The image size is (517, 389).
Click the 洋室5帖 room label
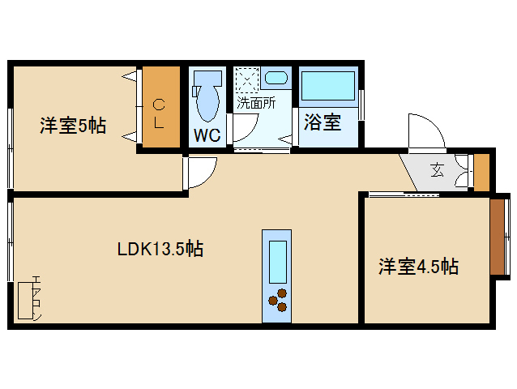click(x=73, y=126)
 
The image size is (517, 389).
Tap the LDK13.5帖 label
click(x=160, y=249)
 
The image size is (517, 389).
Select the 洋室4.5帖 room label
click(x=418, y=267)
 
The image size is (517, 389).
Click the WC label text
click(x=207, y=135)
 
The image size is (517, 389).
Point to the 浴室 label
click(x=322, y=123)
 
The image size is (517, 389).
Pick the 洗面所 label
click(x=255, y=103)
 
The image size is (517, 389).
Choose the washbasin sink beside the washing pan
click(x=276, y=79)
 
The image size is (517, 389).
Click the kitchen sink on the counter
click(x=278, y=260)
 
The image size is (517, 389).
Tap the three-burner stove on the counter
click(x=278, y=299)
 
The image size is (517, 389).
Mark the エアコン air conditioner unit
click(x=27, y=300)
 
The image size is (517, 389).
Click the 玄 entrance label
click(x=437, y=170)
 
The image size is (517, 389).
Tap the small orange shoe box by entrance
click(x=481, y=171)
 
